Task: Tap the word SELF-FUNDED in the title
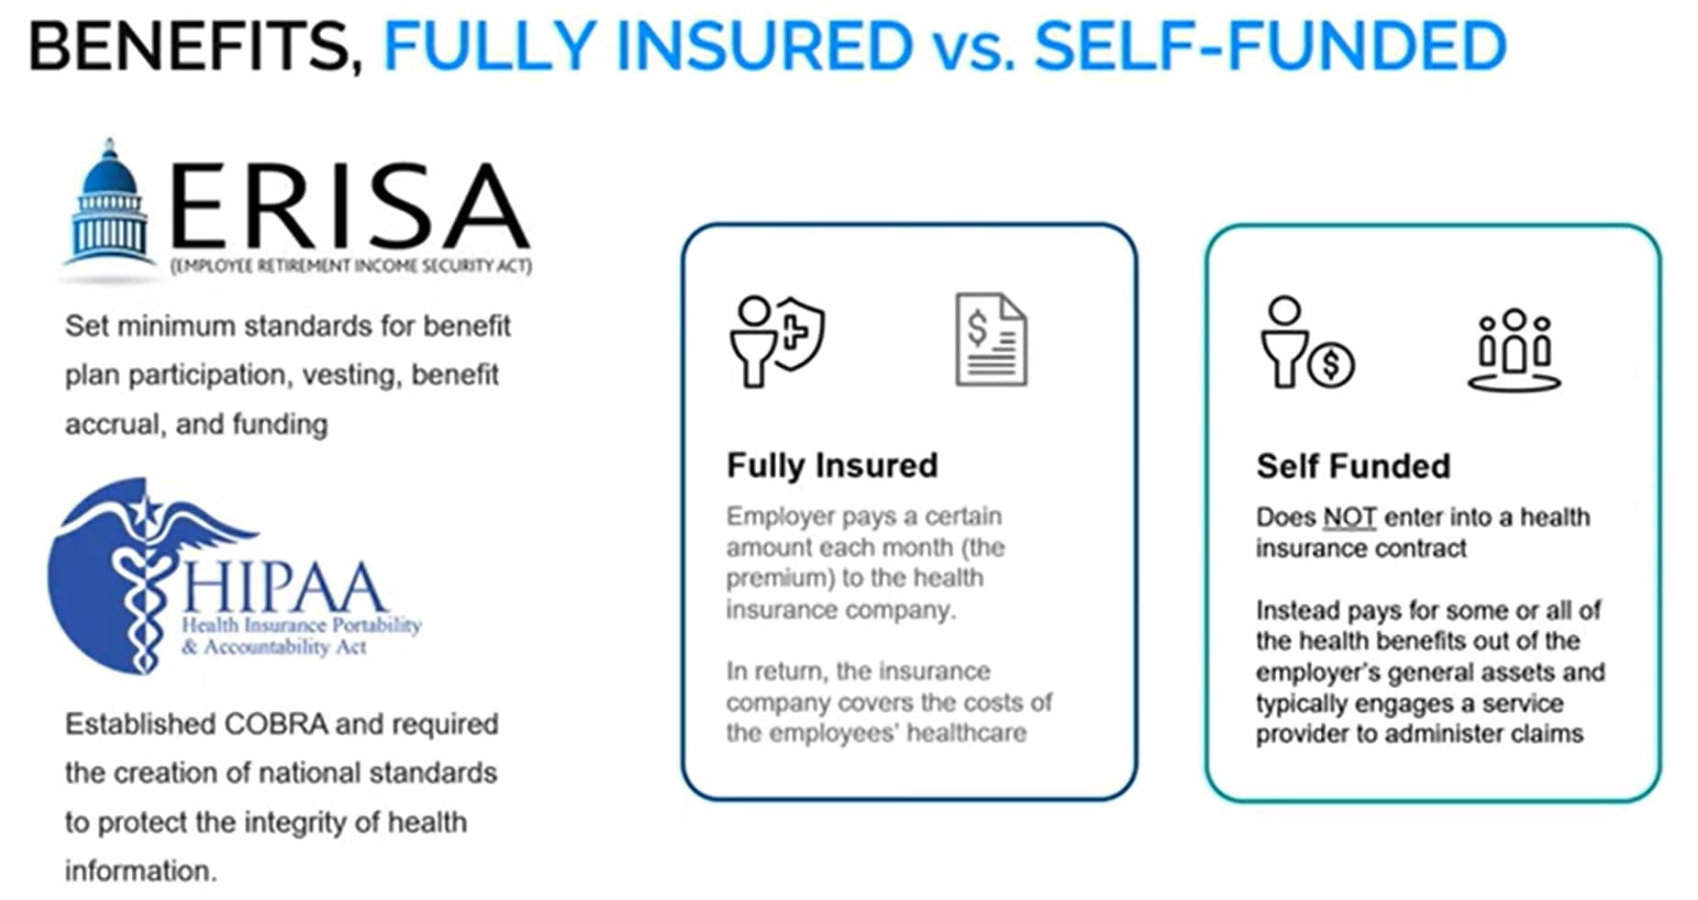tap(1271, 46)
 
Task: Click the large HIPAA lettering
tap(284, 587)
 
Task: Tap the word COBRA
tap(275, 724)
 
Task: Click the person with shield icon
tap(777, 339)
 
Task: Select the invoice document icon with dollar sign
tap(991, 339)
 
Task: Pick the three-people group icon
tap(1514, 350)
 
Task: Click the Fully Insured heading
tap(832, 465)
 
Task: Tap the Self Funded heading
tap(1353, 466)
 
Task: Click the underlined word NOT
tap(1348, 517)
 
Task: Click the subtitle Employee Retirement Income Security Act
tap(351, 266)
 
